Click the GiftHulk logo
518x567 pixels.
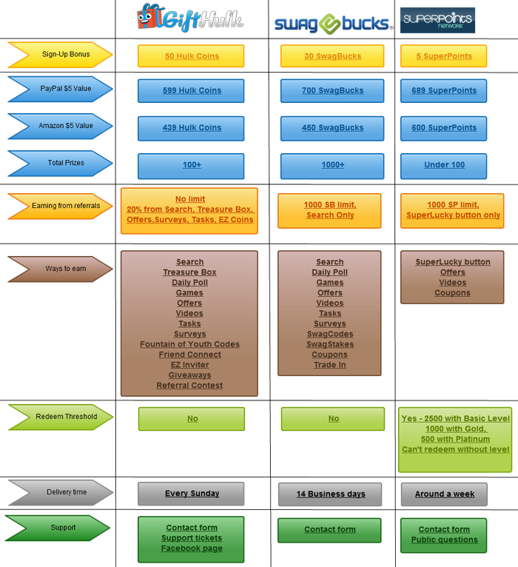190,18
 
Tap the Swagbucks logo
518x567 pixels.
334,24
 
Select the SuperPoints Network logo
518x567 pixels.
437,20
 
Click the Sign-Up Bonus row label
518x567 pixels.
61,55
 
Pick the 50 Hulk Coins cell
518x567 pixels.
191,56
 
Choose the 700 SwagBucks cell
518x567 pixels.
332,91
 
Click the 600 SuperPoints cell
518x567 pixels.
443,128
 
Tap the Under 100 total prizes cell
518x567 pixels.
443,166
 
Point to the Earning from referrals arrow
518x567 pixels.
61,206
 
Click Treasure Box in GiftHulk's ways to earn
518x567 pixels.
189,272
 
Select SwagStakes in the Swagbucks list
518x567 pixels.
330,344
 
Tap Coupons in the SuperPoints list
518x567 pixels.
452,293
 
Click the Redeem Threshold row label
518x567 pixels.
61,417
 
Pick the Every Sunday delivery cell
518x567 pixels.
191,494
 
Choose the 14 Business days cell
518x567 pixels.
330,494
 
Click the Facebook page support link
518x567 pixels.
192,548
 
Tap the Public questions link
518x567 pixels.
444,540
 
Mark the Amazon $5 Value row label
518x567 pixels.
61,126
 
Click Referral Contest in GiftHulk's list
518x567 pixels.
189,386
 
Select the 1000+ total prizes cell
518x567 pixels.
332,166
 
